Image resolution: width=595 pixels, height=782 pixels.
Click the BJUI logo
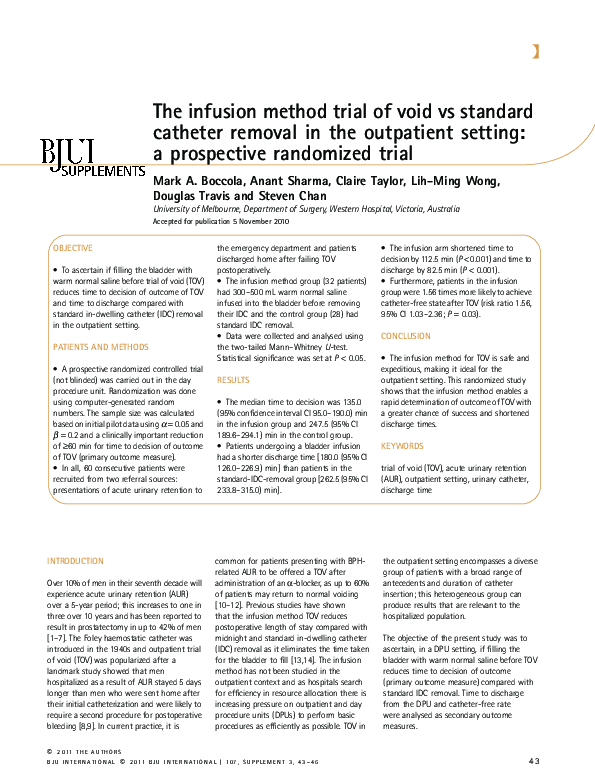coord(67,151)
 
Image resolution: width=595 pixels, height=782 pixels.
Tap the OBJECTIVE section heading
coord(73,248)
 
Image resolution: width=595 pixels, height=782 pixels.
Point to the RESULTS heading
coord(233,381)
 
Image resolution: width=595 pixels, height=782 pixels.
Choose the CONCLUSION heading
coord(405,336)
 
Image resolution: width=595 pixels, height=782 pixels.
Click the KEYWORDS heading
coord(402,446)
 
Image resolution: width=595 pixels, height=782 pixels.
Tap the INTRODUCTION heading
coord(76,561)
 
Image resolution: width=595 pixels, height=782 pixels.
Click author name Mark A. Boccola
coord(194,181)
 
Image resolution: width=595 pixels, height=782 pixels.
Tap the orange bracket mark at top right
coord(537,51)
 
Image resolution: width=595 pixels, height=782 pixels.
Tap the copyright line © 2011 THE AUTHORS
coord(84,753)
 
